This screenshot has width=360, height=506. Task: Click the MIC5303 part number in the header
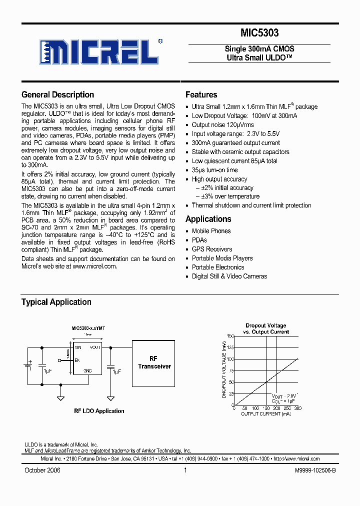[259, 33]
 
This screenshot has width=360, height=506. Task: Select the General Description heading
[57, 94]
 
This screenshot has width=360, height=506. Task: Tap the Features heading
[201, 94]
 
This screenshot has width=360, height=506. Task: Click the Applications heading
[208, 219]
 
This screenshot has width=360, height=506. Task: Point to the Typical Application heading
[56, 302]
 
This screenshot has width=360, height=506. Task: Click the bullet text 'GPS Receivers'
[212, 249]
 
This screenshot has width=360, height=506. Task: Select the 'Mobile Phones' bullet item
[211, 231]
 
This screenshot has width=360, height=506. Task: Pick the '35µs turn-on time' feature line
[214, 170]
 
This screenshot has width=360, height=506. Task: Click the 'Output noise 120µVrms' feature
[222, 125]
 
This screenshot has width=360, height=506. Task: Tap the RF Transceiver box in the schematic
[153, 363]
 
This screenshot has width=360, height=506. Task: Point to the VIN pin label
[78, 346]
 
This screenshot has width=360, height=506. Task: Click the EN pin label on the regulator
[77, 359]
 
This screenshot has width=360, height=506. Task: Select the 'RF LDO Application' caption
[99, 411]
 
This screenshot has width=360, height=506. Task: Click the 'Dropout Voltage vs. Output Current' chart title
[265, 328]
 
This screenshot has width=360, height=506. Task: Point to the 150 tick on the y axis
[230, 336]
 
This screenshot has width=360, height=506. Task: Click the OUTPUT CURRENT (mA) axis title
[265, 414]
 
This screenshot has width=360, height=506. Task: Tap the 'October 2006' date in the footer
[42, 470]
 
